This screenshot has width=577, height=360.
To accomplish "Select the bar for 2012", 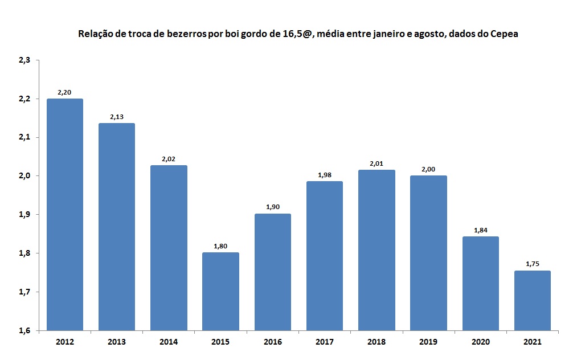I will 65,214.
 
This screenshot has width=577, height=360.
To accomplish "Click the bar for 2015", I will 220,291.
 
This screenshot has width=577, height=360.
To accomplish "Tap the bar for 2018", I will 377,250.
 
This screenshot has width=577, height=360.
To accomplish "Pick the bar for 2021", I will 533,300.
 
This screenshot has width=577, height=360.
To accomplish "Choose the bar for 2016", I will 273,272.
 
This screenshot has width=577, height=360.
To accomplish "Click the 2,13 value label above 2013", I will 117,117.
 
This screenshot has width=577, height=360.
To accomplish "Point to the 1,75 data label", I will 533,264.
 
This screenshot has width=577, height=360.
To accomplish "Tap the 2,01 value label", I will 377,164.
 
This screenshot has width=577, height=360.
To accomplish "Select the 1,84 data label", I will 481,230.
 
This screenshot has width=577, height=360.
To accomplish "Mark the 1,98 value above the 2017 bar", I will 325,175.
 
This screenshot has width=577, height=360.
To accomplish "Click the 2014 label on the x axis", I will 169,342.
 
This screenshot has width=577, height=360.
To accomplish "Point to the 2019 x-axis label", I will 428,342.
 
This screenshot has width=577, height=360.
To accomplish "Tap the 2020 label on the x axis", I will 481,342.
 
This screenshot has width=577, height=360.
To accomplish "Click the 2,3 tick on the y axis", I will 24,60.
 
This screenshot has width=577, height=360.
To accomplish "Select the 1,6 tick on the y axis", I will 24,330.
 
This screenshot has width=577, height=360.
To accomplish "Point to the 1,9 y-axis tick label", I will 24,215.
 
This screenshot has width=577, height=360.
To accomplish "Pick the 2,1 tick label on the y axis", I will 24,137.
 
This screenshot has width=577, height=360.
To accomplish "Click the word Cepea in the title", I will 503,34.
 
